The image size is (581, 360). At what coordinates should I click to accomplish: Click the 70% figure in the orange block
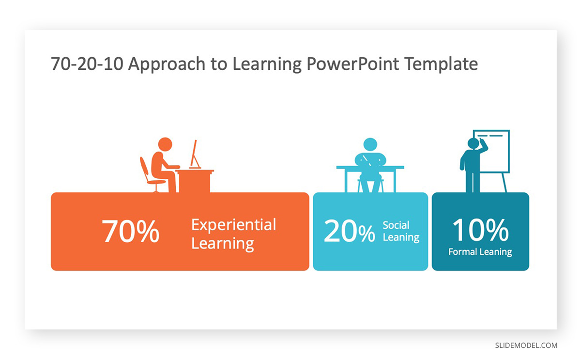(x=130, y=231)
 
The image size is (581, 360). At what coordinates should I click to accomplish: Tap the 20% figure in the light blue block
(x=350, y=231)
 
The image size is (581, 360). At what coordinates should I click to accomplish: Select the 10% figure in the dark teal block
(x=480, y=230)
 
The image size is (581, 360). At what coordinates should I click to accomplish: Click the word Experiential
(x=234, y=225)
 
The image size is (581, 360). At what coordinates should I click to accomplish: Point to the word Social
(x=396, y=225)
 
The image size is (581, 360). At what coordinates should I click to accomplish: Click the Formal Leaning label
(x=480, y=252)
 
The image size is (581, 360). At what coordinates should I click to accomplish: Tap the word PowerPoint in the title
(x=352, y=64)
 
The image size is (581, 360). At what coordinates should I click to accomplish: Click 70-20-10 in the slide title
(x=87, y=64)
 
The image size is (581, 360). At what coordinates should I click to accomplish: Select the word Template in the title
(x=441, y=64)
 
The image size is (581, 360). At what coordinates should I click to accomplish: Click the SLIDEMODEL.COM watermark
(x=526, y=345)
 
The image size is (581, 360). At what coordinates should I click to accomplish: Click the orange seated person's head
(x=165, y=144)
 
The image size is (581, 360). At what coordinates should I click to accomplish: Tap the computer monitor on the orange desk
(x=195, y=155)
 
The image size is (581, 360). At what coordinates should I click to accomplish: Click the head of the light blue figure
(x=370, y=144)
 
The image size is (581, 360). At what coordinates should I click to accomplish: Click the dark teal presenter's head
(x=473, y=143)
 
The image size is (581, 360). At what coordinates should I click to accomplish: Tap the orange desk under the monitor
(x=194, y=181)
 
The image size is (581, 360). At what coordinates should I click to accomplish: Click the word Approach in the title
(x=167, y=64)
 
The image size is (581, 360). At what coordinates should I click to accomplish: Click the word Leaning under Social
(x=401, y=237)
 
